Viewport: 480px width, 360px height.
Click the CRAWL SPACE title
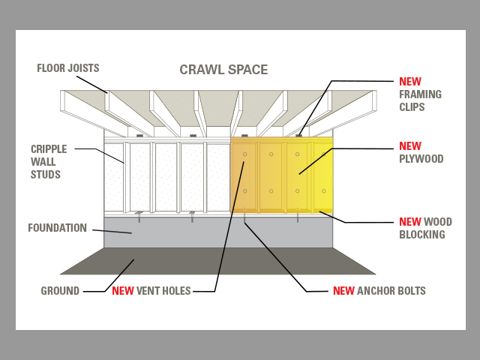(x=223, y=70)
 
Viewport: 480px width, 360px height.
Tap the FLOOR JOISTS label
(x=68, y=68)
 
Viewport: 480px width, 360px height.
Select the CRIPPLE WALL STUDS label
(x=49, y=162)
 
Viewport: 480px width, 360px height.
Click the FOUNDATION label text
(x=57, y=228)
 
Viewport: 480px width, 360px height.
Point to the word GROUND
(x=60, y=290)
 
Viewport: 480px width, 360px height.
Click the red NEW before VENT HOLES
(x=123, y=290)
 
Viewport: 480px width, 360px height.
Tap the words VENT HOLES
(x=163, y=290)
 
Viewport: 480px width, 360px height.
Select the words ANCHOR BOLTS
(x=391, y=290)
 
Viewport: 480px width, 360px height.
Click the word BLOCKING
(x=422, y=235)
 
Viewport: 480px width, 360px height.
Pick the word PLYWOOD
(x=421, y=158)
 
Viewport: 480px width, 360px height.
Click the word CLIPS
(x=412, y=107)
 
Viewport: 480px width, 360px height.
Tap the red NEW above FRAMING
(x=410, y=82)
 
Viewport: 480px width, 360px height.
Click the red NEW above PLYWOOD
(x=410, y=146)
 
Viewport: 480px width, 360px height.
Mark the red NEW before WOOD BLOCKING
(x=410, y=222)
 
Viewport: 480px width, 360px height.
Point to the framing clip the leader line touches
(x=298, y=136)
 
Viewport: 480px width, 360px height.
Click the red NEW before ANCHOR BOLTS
(x=343, y=290)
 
